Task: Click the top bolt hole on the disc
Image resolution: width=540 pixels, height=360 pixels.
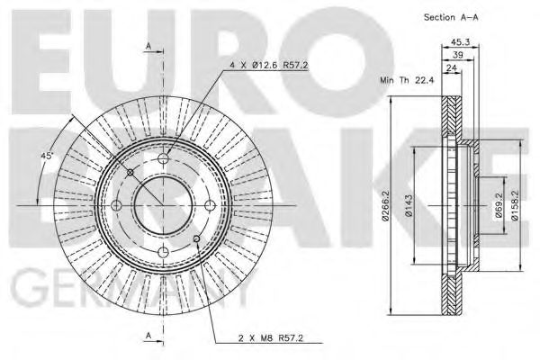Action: click(163, 162)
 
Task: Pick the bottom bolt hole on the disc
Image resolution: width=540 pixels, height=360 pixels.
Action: click(163, 251)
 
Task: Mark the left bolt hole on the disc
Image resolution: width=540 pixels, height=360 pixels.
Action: click(118, 206)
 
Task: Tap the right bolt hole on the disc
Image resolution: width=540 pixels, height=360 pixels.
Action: click(207, 206)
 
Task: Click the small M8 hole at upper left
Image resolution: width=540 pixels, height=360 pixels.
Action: click(131, 175)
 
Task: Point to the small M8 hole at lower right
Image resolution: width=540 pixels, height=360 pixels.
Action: click(194, 238)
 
